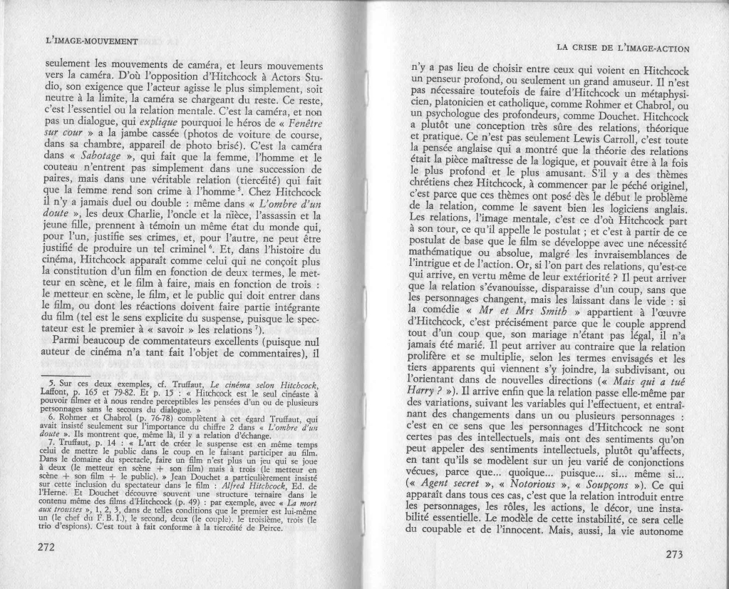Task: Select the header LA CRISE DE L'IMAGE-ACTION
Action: point(621,48)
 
